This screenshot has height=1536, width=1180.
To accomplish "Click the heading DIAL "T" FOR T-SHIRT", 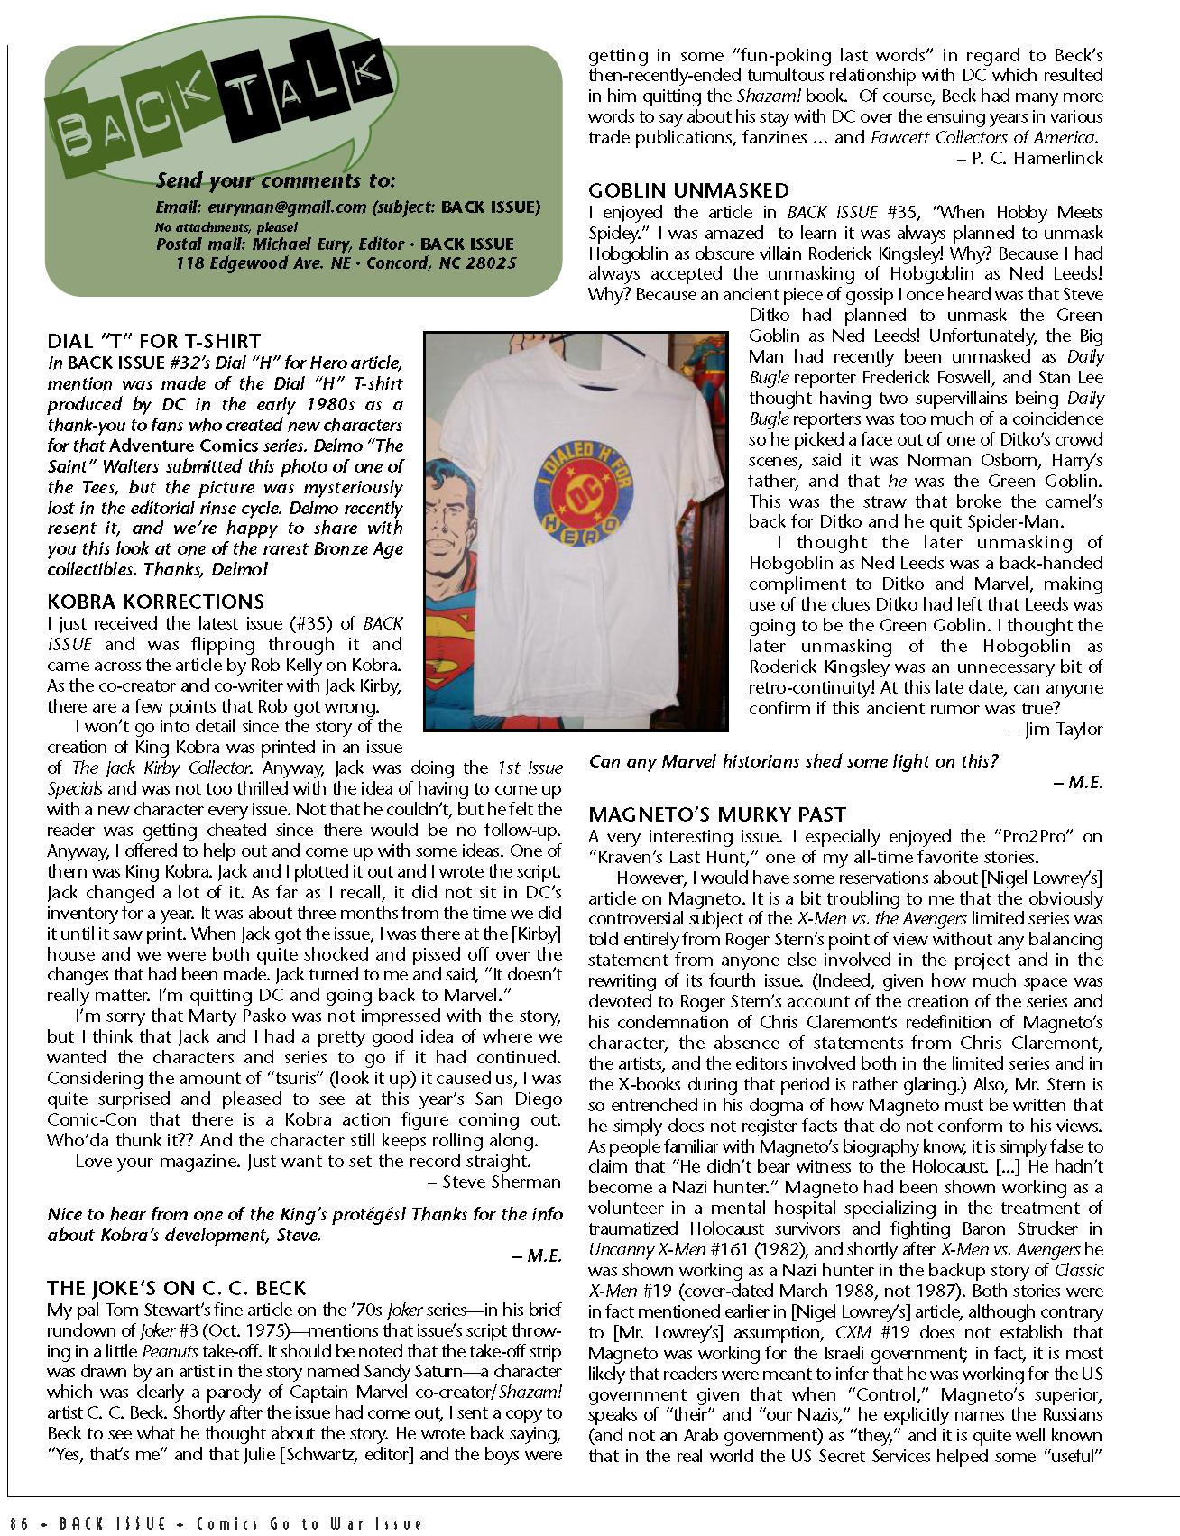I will tap(153, 341).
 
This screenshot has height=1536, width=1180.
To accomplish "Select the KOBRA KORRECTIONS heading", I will tap(156, 602).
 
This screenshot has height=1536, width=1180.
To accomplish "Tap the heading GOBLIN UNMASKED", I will tap(688, 190).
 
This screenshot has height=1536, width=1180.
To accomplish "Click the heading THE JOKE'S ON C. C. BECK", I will tap(177, 1288).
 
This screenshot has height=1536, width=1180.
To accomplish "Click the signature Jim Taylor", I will tap(1064, 729).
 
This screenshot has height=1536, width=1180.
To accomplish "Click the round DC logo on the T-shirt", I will tap(576, 488).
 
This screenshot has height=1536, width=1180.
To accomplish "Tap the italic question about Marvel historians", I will tap(793, 761).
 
